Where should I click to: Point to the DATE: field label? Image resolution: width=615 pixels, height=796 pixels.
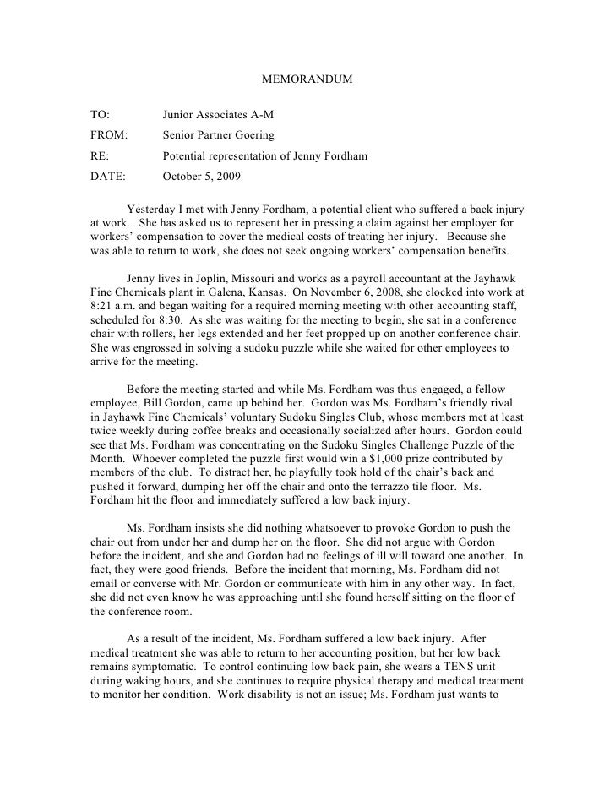click(107, 177)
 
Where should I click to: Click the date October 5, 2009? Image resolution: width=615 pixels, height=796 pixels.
click(201, 177)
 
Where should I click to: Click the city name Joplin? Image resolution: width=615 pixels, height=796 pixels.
click(203, 279)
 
